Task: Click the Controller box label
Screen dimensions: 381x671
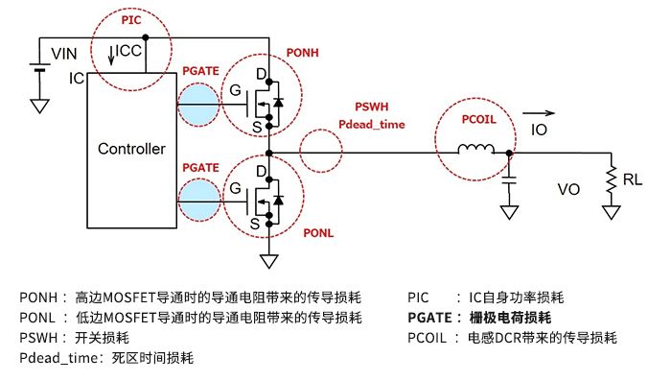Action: [x=132, y=149]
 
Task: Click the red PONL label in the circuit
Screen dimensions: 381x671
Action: [x=318, y=232]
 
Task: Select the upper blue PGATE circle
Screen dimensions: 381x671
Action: [x=198, y=104]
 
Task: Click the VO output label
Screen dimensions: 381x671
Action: [x=569, y=190]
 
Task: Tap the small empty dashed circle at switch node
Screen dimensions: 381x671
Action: [x=320, y=152]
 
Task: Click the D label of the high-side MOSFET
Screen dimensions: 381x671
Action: [x=259, y=73]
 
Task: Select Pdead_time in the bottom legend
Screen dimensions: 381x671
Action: [x=59, y=358]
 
